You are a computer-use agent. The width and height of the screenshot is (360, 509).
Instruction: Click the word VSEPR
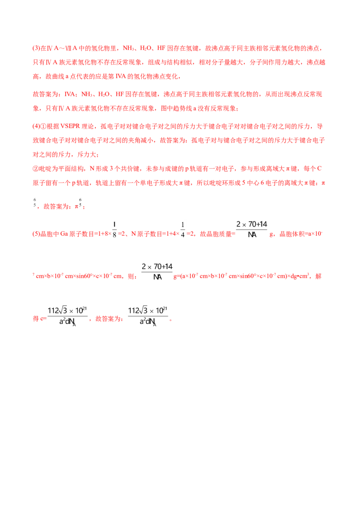pyautogui.click(x=70, y=126)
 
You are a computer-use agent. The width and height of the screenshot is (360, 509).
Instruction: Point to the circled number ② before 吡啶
pyautogui.click(x=36, y=169)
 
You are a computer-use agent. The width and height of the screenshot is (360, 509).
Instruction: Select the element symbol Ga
pyautogui.click(x=64, y=234)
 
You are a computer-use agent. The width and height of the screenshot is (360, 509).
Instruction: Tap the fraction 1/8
pyautogui.click(x=114, y=229)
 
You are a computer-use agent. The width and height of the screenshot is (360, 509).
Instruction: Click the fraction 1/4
pyautogui.click(x=183, y=229)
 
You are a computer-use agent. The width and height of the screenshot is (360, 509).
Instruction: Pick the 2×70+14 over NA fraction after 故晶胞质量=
pyautogui.click(x=252, y=229)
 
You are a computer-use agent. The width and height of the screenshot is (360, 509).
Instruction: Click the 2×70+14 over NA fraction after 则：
pyautogui.click(x=157, y=272)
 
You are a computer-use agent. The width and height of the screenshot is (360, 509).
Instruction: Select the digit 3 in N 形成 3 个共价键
pyautogui.click(x=111, y=169)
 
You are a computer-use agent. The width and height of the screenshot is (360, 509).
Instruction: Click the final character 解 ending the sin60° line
pyautogui.click(x=319, y=276)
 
